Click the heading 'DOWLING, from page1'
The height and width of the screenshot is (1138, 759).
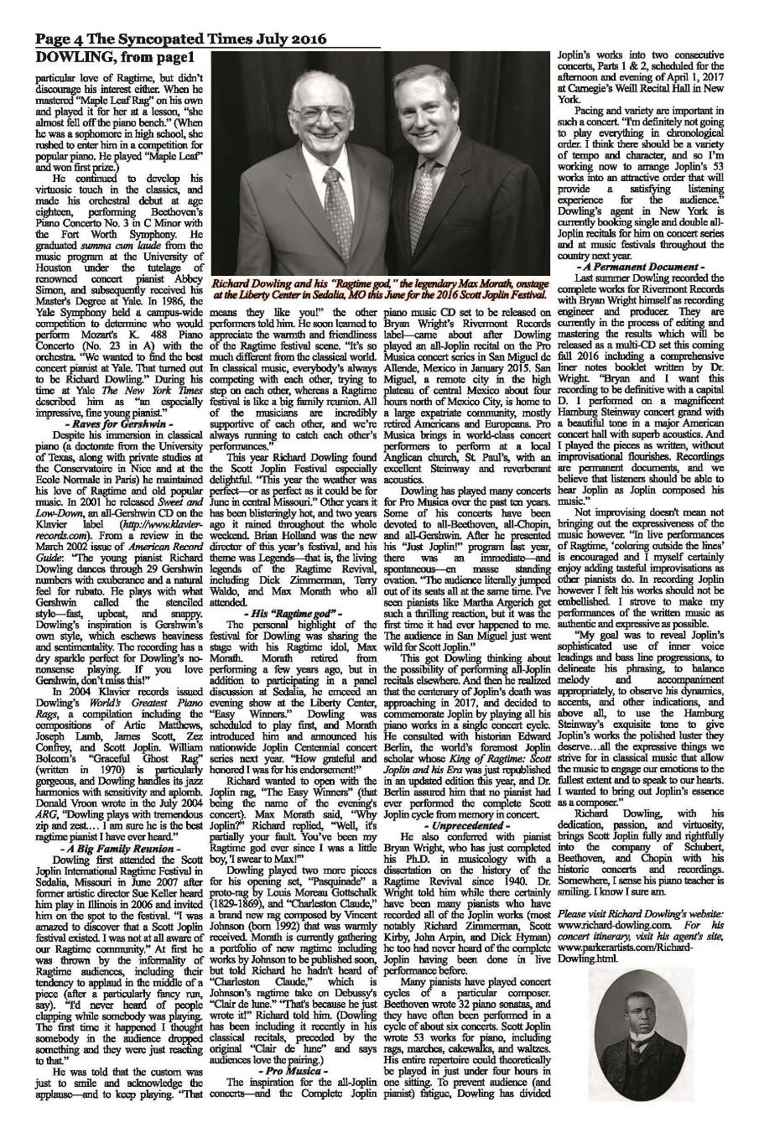point(115,57)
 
